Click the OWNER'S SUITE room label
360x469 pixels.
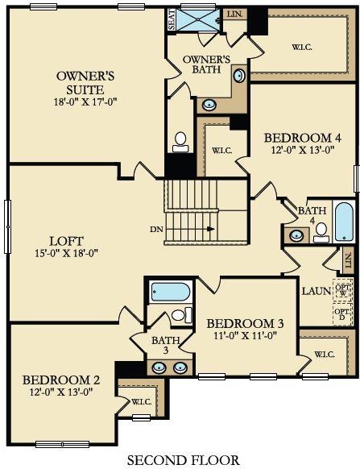click(x=86, y=82)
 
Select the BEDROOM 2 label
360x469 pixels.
click(x=61, y=380)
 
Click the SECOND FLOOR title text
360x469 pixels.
click(x=184, y=460)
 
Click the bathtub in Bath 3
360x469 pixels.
click(x=170, y=291)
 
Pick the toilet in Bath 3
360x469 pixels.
click(x=185, y=314)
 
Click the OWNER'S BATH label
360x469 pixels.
click(x=208, y=65)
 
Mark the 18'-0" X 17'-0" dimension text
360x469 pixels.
click(x=86, y=102)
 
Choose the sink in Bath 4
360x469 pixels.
click(x=296, y=235)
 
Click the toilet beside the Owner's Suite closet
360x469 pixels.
click(x=180, y=140)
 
